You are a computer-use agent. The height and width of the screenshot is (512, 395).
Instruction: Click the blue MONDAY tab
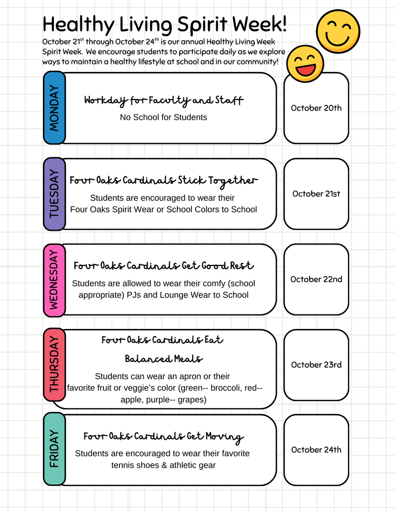(54, 108)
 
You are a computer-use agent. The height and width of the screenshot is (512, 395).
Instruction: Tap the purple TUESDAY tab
(54, 194)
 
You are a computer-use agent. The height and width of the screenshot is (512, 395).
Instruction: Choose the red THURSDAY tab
(54, 365)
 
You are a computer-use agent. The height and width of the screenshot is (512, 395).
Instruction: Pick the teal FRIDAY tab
(54, 449)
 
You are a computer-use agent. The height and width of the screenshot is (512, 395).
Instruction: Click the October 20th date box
(316, 108)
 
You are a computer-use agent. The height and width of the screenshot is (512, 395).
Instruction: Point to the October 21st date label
(316, 193)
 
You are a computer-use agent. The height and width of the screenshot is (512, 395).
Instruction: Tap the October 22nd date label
(316, 279)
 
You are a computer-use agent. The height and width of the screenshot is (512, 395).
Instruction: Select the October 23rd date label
(316, 364)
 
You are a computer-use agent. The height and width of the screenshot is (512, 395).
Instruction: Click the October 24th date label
(316, 449)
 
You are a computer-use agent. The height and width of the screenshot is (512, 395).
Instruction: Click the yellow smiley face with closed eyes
(338, 31)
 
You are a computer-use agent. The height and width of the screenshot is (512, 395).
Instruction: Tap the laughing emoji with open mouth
(305, 63)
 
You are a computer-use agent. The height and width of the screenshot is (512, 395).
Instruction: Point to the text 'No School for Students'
(163, 117)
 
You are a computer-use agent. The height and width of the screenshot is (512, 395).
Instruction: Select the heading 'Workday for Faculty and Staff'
(163, 100)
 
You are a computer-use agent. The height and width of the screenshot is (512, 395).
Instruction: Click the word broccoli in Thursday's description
(227, 388)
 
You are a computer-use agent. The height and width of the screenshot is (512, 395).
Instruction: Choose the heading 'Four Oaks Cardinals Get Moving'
(163, 436)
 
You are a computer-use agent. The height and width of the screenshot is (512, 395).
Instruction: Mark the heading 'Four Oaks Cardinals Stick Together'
(163, 180)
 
